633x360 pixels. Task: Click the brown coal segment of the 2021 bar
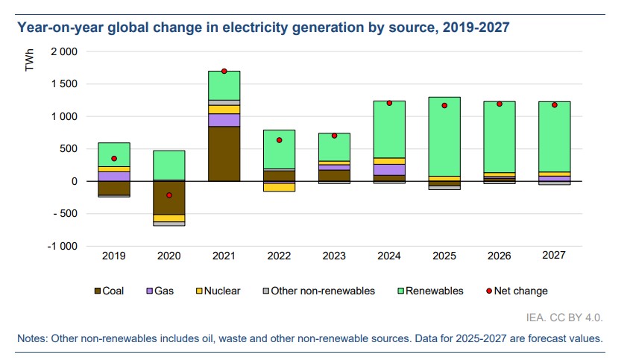point(224,154)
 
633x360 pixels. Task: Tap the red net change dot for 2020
point(169,195)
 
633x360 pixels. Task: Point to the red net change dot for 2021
point(224,71)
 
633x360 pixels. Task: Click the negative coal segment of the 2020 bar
point(169,198)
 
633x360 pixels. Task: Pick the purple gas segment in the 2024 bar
point(389,169)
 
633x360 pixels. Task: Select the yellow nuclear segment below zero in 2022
point(279,187)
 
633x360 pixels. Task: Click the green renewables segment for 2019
point(114,154)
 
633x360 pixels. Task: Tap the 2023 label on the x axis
point(334,256)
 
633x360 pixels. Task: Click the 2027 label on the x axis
point(554,256)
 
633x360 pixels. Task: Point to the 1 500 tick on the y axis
point(63,84)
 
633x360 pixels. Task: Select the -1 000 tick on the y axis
point(62,246)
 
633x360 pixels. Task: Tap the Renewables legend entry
point(432,291)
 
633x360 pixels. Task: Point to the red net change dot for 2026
point(500,104)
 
